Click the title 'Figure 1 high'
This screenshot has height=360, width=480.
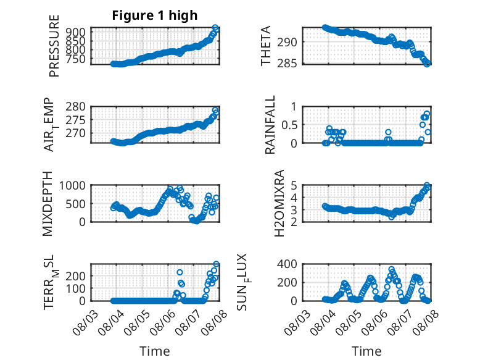pyautogui.click(x=155, y=15)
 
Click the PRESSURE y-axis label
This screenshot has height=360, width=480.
pyautogui.click(x=54, y=46)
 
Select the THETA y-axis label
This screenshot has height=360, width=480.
pyautogui.click(x=266, y=46)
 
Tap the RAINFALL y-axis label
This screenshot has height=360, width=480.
pyautogui.click(x=270, y=125)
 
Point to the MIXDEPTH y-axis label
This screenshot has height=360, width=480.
pyautogui.click(x=48, y=204)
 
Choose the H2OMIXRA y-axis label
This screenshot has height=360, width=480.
pyautogui.click(x=279, y=203)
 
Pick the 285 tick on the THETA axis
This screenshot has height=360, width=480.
pyautogui.click(x=287, y=63)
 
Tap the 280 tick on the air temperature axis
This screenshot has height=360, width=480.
pyautogui.click(x=76, y=107)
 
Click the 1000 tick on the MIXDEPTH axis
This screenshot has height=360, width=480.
pyautogui.click(x=72, y=186)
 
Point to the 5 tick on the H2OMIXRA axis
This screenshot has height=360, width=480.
pyautogui.click(x=294, y=186)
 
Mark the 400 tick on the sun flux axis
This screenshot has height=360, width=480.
pyautogui.click(x=287, y=264)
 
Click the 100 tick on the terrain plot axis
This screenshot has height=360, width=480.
pyautogui.click(x=76, y=288)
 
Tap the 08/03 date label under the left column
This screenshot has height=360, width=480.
pyautogui.click(x=85, y=323)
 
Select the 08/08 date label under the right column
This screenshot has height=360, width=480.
pyautogui.click(x=426, y=323)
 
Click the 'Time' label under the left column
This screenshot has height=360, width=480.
pyautogui.click(x=155, y=351)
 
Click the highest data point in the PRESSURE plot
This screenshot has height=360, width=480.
pyautogui.click(x=215, y=28)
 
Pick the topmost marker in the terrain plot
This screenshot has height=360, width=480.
pyautogui.click(x=216, y=264)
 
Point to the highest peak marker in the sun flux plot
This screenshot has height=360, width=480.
pyautogui.click(x=391, y=269)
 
